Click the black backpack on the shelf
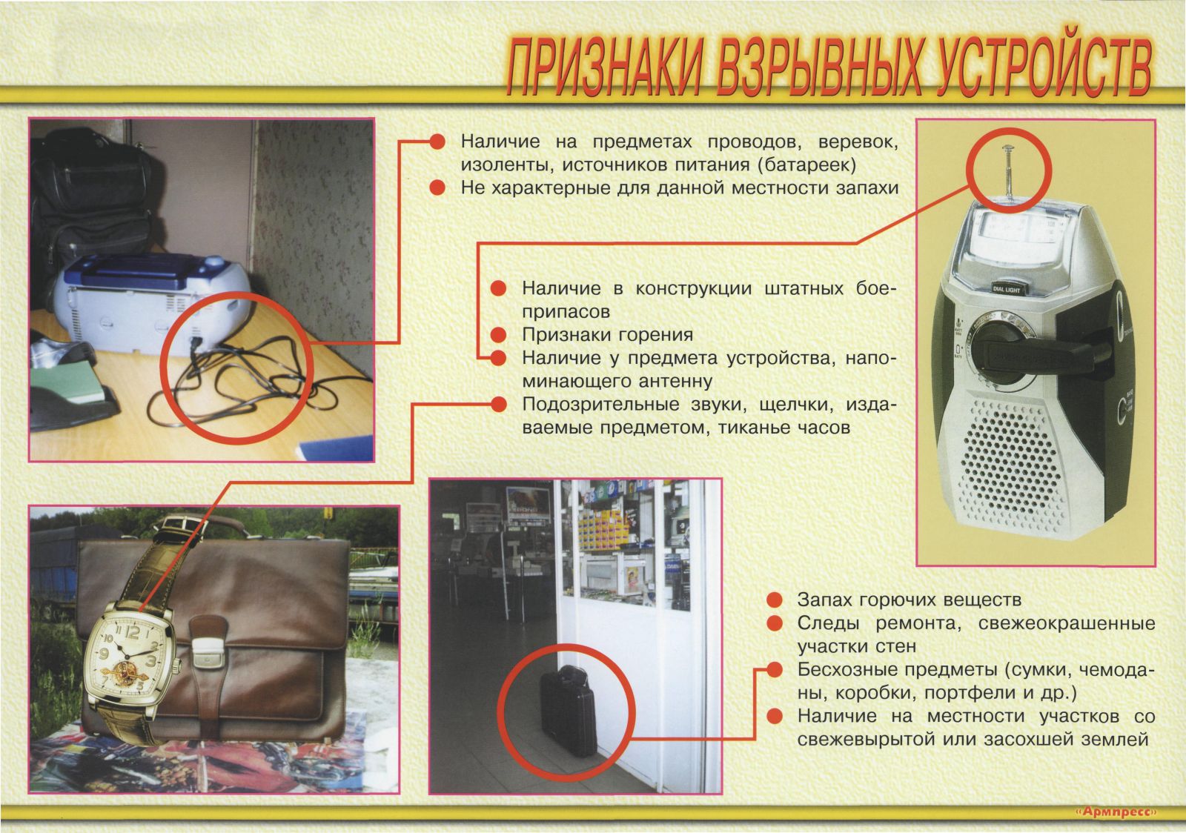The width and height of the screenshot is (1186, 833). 93,193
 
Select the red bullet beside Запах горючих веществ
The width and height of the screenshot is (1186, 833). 775,599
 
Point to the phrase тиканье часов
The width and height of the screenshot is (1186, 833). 783,428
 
